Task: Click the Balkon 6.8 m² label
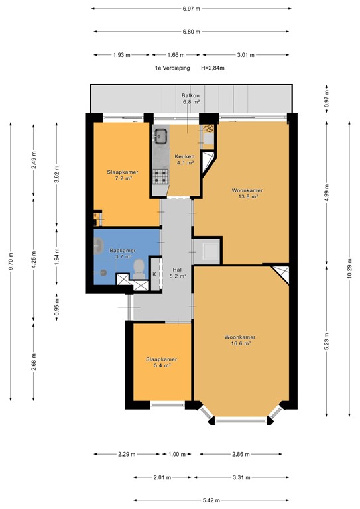190,99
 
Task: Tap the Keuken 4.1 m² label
184,159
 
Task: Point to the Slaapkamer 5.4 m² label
159,361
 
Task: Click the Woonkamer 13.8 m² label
245,194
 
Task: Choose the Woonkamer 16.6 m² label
240,340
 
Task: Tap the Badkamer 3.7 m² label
123,253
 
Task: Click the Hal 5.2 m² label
178,272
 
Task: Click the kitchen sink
160,137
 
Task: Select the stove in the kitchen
160,176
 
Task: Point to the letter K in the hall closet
154,274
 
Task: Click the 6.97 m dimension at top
191,9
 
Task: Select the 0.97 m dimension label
326,103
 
